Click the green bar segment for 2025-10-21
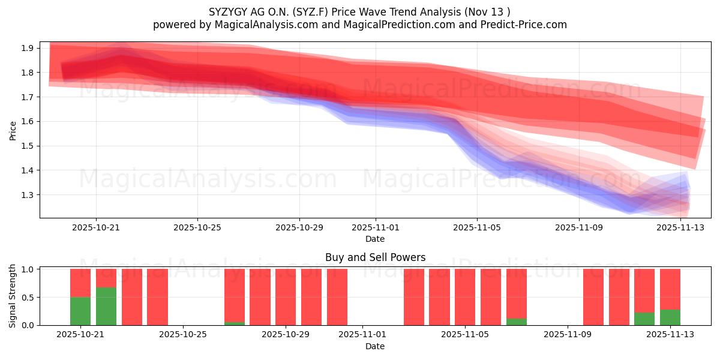80,311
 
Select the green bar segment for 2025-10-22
106,306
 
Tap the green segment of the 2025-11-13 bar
670,317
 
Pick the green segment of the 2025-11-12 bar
644,319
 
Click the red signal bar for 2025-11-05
465,297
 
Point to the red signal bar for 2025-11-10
593,297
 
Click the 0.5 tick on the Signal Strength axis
28,297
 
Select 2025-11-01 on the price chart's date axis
376,227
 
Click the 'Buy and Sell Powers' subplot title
375,257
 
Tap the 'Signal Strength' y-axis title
13,296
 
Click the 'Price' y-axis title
13,130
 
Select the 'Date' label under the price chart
375,239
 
